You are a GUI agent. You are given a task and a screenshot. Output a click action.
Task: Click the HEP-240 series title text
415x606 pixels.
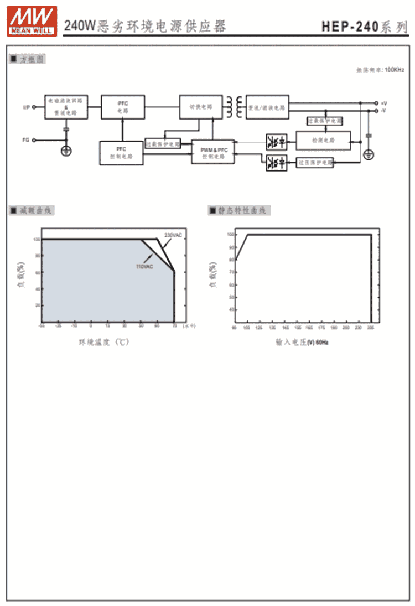click(x=365, y=27)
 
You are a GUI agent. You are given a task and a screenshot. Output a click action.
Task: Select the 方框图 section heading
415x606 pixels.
click(x=28, y=59)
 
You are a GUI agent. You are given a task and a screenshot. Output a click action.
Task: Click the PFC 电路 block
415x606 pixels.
click(x=122, y=107)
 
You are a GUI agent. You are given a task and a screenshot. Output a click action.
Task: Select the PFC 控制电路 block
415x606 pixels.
click(x=122, y=153)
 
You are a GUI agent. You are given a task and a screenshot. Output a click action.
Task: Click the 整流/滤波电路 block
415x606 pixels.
click(x=267, y=107)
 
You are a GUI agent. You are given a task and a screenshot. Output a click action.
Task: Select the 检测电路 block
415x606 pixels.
click(x=323, y=141)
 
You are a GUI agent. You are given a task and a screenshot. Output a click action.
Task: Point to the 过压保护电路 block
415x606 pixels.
click(x=315, y=162)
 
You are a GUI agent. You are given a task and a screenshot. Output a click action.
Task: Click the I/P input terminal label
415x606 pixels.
click(x=25, y=107)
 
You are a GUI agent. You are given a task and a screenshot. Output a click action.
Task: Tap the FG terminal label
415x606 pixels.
click(x=25, y=140)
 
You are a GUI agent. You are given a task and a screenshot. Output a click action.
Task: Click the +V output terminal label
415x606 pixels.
click(x=384, y=103)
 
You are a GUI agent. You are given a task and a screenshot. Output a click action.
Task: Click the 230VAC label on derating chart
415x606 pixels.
click(x=173, y=235)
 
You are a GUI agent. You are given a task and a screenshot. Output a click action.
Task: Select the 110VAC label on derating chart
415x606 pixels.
click(x=144, y=267)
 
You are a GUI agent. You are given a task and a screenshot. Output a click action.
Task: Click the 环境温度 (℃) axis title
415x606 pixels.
click(x=104, y=343)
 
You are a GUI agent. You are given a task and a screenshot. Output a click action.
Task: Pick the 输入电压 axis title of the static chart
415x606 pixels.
click(x=302, y=343)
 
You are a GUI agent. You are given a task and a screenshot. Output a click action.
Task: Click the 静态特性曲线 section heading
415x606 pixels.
click(x=240, y=210)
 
